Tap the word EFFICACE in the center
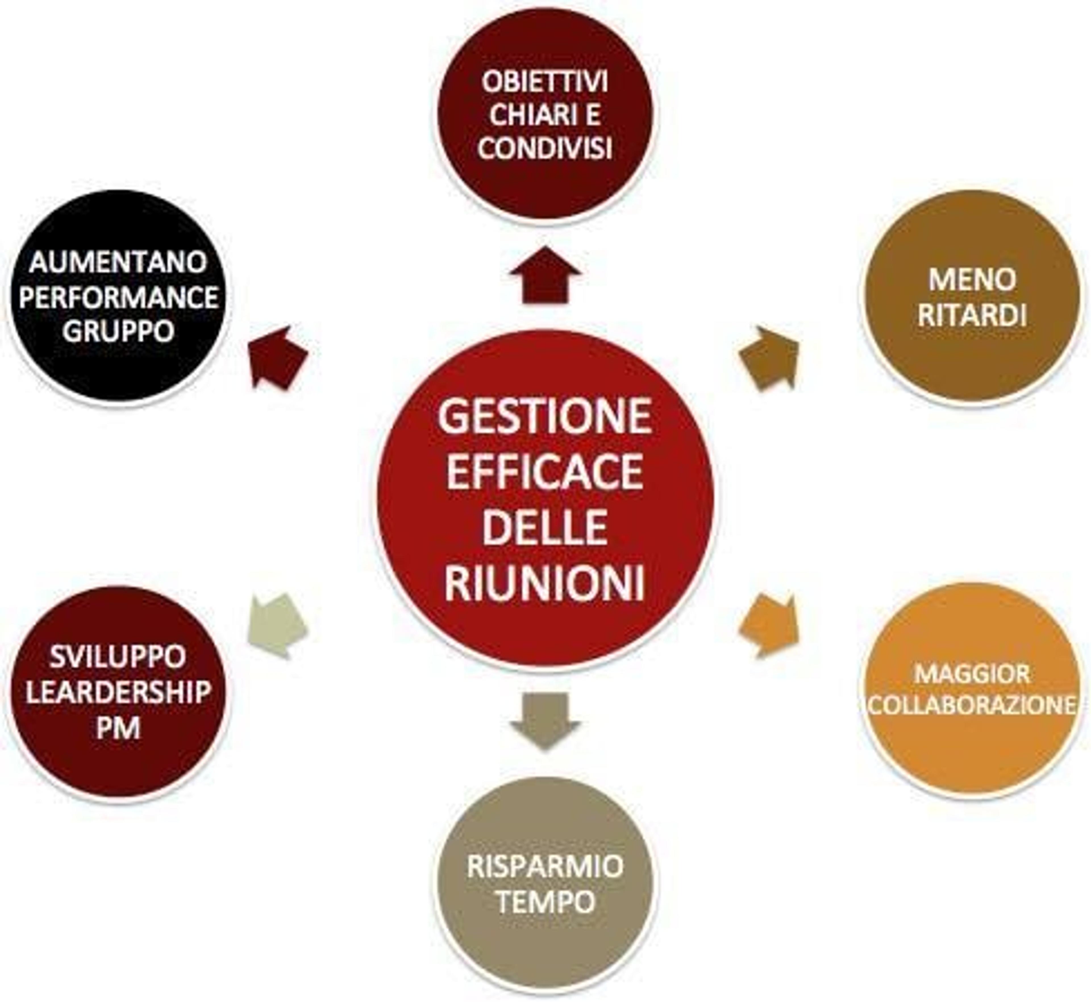coord(545,472)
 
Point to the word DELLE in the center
coord(545,527)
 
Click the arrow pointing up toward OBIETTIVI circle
coord(545,275)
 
